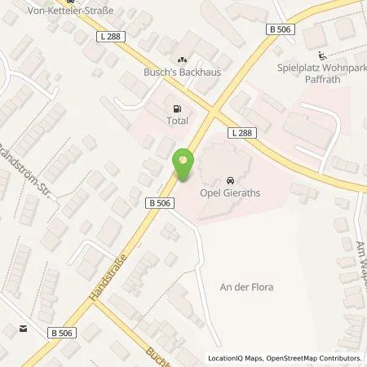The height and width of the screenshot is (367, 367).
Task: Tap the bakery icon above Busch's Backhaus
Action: tap(182, 60)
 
